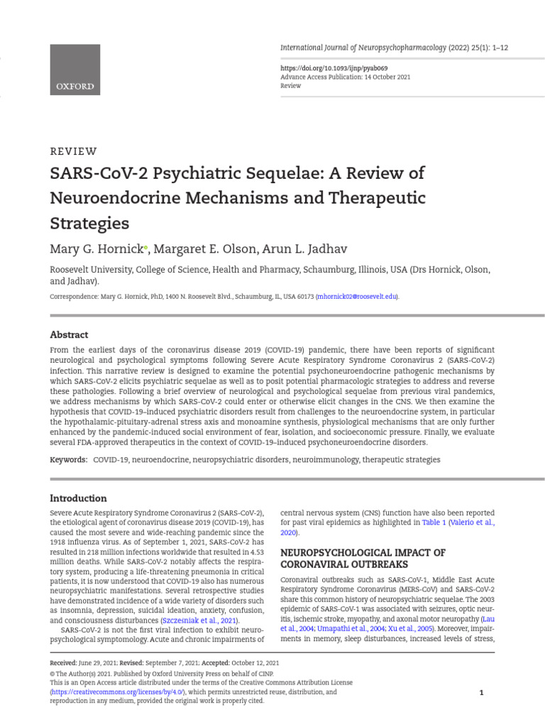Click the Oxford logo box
75,69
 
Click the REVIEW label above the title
73,151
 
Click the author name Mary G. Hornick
96,249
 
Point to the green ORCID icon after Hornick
145,248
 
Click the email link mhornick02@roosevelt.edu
357,297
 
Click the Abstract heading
69,334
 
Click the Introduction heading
78,498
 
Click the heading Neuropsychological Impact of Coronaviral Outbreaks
363,559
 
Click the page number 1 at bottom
481,693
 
